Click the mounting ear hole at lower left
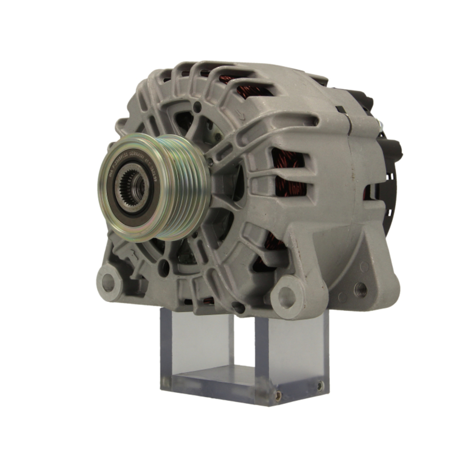[108, 282]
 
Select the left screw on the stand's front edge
[278, 393]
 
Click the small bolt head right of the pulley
[210, 161]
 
